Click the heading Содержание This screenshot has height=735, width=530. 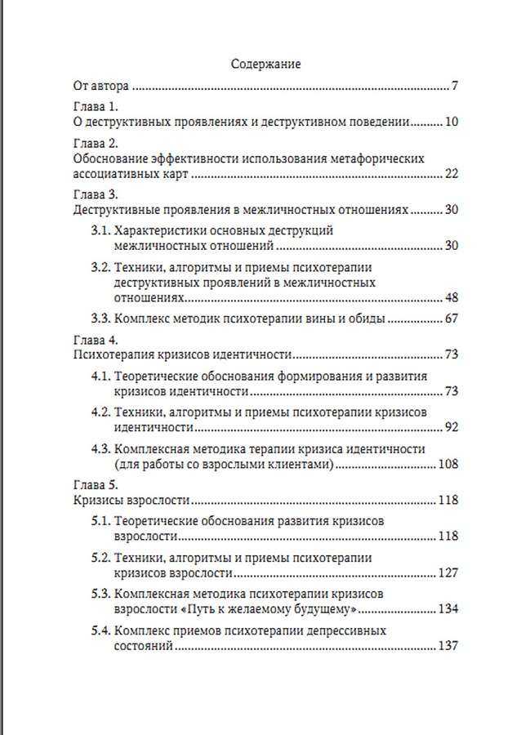(x=265, y=64)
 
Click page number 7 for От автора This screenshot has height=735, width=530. (x=455, y=85)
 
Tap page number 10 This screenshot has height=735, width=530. (x=452, y=122)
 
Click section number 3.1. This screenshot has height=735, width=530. (x=100, y=231)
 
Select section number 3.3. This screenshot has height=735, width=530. (x=100, y=318)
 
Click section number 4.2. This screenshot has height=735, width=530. (x=100, y=412)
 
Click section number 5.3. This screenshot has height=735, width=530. (x=100, y=594)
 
